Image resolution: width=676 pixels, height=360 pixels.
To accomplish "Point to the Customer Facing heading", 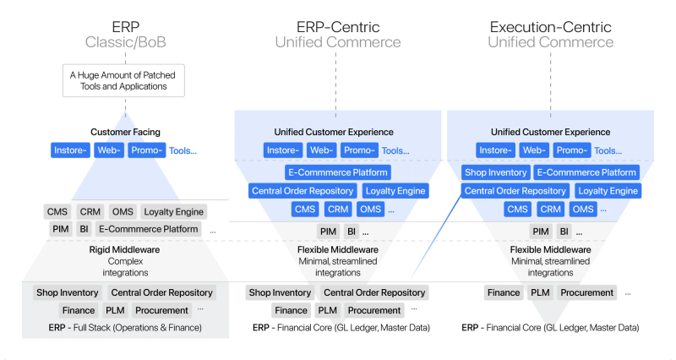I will [125, 132].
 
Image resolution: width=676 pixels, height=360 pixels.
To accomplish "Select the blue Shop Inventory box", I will [495, 172].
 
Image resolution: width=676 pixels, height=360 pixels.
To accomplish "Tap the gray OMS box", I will [123, 211].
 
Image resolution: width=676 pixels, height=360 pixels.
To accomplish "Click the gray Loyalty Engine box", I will [173, 211].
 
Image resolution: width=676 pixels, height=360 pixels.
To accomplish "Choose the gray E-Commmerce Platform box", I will [148, 229].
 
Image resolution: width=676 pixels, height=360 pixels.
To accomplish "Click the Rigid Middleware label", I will [125, 250].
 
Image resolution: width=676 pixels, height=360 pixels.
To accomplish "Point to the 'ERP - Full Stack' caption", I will [125, 327].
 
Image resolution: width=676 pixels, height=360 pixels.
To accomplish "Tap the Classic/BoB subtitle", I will [125, 42].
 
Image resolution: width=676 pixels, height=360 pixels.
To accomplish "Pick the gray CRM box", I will [90, 211].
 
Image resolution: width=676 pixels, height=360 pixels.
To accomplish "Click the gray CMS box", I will [58, 211].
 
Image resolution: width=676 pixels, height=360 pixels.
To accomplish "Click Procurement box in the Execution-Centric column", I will [586, 292].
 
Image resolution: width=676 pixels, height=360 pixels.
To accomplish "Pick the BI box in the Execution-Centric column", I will [564, 231].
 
